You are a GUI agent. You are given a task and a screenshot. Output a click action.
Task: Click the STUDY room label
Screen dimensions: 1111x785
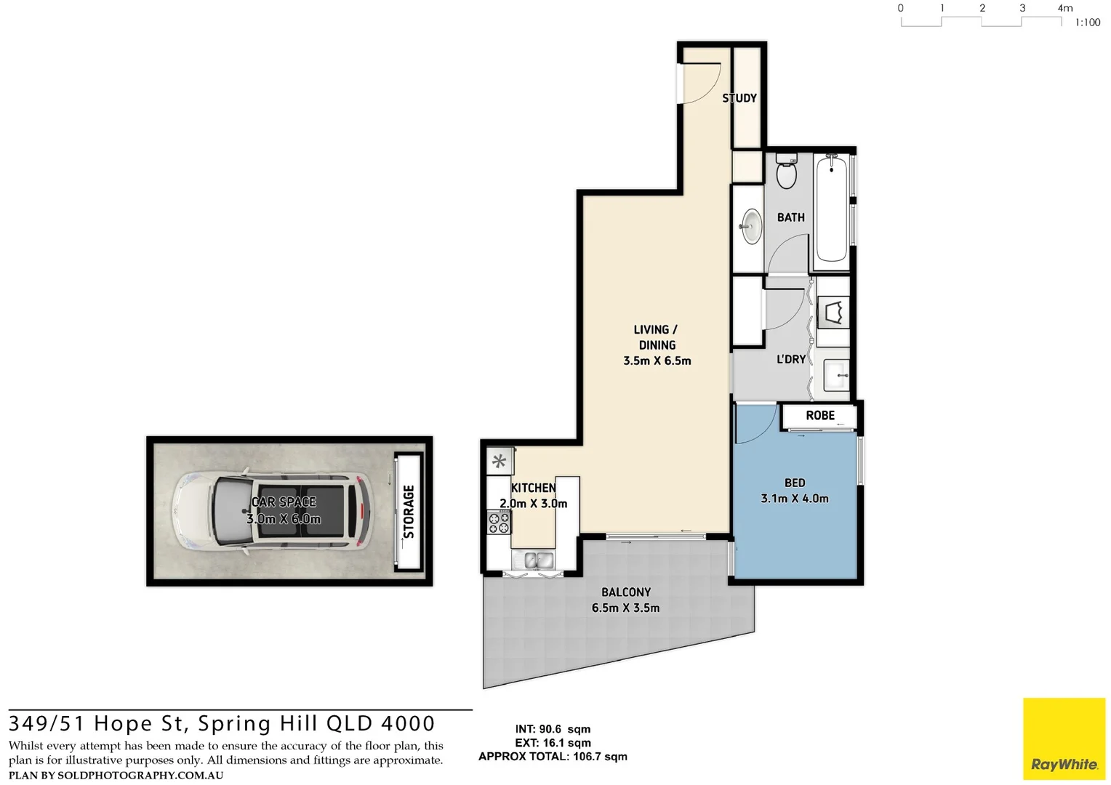[x=739, y=98]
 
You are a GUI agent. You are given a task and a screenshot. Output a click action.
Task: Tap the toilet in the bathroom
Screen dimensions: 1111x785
[x=786, y=171]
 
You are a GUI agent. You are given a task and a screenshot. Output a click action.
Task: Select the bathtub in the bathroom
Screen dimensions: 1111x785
[x=832, y=209]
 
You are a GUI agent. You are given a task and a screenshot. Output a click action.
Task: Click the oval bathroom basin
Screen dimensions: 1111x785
[x=751, y=227]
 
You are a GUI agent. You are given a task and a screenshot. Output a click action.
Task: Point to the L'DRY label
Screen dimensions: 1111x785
[x=791, y=359]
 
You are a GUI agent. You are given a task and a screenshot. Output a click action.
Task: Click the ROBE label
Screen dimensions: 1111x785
[x=820, y=416]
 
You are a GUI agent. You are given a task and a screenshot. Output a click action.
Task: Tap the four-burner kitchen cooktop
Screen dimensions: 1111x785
[x=499, y=522]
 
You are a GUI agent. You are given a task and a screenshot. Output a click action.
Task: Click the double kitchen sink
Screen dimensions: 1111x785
[x=538, y=560]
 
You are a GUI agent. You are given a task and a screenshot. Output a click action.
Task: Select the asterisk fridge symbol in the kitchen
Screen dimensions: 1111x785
[x=499, y=462]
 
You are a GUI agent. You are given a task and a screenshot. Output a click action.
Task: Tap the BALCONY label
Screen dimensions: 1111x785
[x=626, y=592]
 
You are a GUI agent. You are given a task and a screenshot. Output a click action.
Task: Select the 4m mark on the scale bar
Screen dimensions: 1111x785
[x=1065, y=8]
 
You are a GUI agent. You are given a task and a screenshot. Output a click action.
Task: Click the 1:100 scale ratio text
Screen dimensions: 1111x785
[x=1088, y=23]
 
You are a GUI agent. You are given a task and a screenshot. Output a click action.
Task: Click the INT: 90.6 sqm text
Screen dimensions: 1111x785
[x=553, y=729]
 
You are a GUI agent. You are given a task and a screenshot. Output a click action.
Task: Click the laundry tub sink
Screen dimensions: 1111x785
[x=836, y=375]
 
